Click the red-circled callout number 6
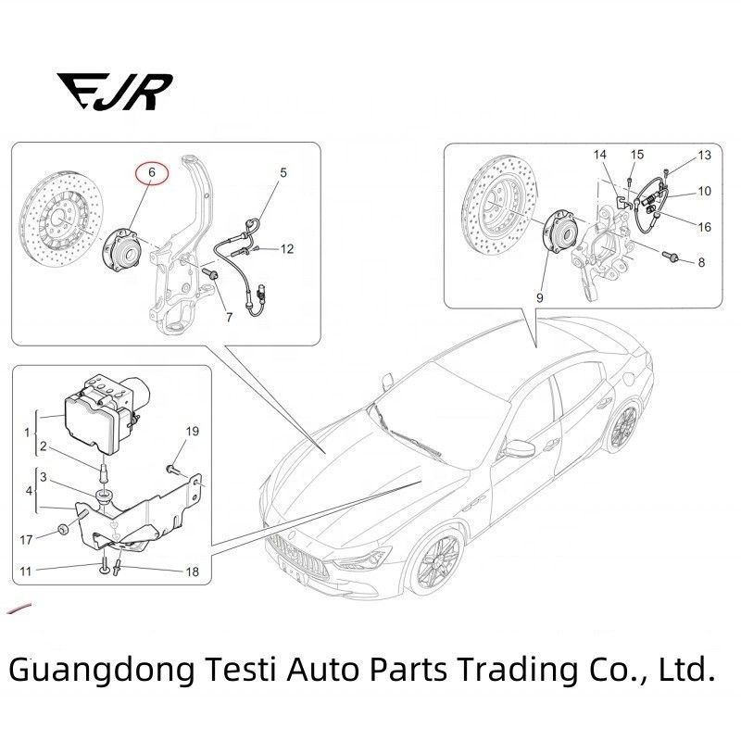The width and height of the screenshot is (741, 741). [152, 172]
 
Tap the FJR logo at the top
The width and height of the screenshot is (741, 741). [115, 92]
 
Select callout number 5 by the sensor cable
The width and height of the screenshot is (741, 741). [283, 172]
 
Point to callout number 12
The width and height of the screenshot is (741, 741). [287, 248]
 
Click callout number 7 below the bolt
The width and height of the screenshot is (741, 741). [229, 317]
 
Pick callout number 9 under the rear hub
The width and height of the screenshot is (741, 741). [540, 297]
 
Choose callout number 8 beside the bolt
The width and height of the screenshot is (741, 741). [701, 262]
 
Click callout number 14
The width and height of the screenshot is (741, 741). [599, 155]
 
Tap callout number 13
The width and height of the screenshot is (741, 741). [704, 155]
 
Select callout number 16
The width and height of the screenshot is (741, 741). [704, 227]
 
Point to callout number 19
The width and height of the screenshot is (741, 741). [193, 431]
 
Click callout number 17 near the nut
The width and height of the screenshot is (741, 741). [26, 540]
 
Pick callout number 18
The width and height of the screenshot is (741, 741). [193, 571]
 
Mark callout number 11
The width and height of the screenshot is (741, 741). [26, 571]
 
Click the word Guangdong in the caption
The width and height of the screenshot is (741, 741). [102, 670]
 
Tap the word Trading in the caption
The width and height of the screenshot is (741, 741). [519, 670]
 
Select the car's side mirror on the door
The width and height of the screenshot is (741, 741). [519, 449]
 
